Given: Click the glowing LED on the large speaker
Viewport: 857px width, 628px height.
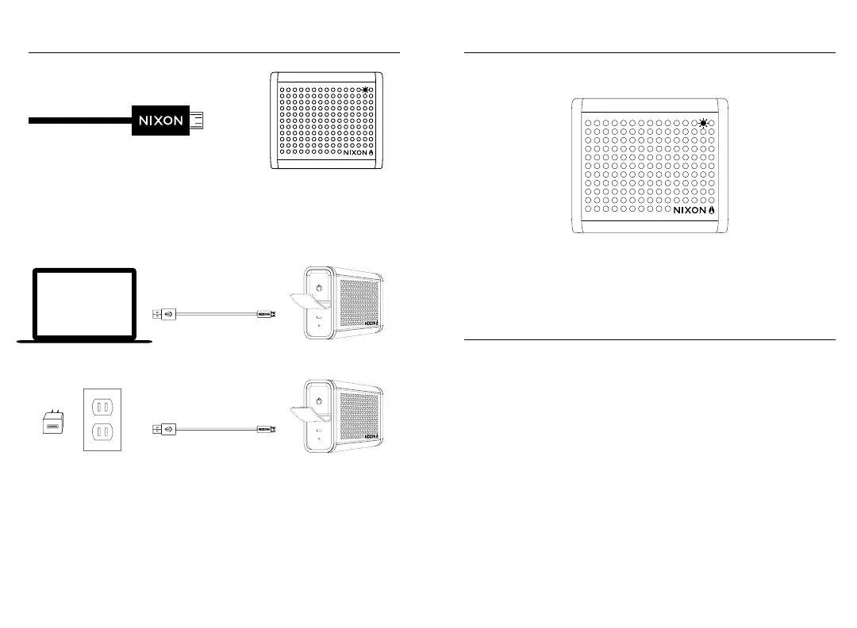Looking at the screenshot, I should (x=702, y=123).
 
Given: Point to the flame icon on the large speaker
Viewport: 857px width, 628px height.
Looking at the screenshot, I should (x=712, y=212).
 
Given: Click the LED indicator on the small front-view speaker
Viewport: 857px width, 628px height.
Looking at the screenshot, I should (x=364, y=89).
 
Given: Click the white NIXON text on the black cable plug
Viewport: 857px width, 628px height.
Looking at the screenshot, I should (x=161, y=121).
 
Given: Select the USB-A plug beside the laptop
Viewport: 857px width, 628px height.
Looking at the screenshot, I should (x=163, y=314).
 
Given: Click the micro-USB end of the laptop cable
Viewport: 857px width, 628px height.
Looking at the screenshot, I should (x=265, y=314).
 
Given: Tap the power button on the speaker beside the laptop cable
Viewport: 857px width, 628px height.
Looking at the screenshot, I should (x=317, y=288).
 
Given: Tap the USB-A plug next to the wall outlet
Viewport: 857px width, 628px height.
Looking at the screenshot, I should (x=163, y=429).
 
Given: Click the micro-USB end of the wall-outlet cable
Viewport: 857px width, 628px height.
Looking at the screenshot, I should (x=265, y=429).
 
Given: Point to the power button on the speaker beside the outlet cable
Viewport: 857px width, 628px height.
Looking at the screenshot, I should (x=317, y=401).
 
